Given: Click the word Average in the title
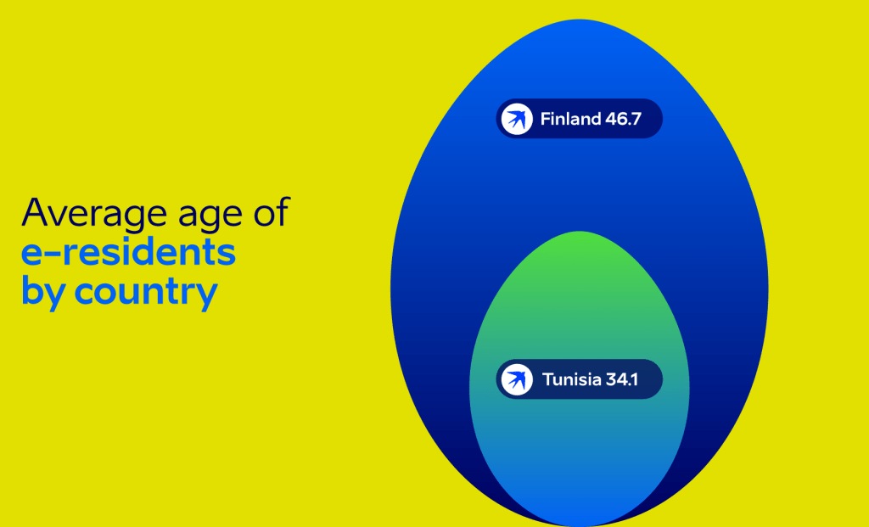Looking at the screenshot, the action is (94, 212).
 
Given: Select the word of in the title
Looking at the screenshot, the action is (272, 211).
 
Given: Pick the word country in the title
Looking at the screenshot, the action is (146, 293).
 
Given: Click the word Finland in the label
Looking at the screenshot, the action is (570, 119).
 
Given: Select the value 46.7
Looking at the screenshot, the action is (623, 119).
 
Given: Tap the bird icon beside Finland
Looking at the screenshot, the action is (517, 119).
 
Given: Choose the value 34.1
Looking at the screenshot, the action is (622, 379).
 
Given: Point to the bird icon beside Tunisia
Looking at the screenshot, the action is (517, 379).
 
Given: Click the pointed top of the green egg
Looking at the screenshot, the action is (579, 232).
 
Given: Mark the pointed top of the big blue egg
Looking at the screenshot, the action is (579, 20).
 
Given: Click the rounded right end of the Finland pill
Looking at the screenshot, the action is (662, 119).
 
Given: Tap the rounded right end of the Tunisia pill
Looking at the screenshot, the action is (662, 379).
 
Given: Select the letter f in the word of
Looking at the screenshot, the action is (283, 211).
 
